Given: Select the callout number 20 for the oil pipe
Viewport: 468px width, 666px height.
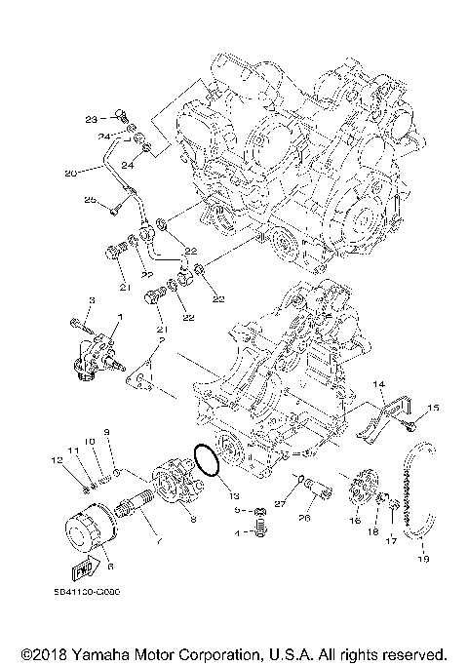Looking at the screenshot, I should [70, 173].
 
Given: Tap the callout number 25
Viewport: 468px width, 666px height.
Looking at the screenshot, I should [89, 200].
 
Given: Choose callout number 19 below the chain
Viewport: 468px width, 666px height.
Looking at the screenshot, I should [422, 560].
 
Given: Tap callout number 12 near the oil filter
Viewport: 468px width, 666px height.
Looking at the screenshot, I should [57, 459].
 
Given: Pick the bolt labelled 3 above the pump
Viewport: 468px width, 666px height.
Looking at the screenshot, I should [78, 323].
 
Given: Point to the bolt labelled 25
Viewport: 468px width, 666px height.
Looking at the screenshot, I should [116, 206].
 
